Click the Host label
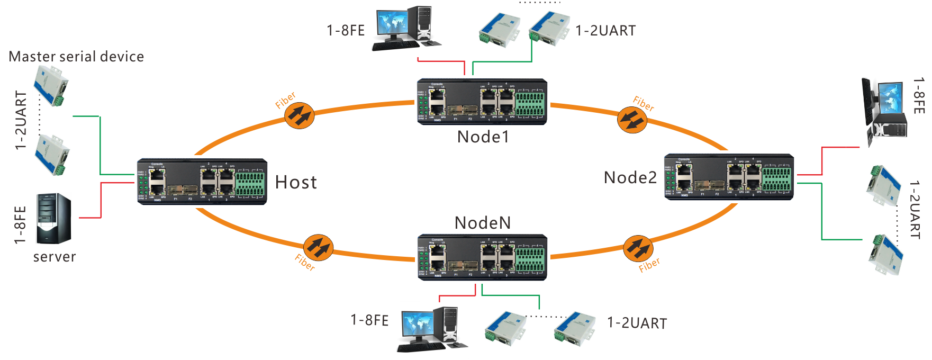[x=296, y=183]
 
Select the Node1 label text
[x=483, y=137]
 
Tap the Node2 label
[x=630, y=178]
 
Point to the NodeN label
[x=483, y=223]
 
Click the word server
[x=55, y=257]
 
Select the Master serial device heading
[x=76, y=57]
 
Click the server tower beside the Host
[x=53, y=218]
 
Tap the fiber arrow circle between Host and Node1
[x=300, y=115]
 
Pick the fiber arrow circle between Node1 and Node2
[x=632, y=120]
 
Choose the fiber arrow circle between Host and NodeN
[x=318, y=247]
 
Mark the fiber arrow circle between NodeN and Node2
[x=638, y=248]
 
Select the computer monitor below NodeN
[x=418, y=323]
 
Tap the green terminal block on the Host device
[x=250, y=183]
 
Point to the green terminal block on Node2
[x=776, y=179]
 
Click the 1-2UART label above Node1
[x=605, y=31]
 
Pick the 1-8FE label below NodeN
[x=369, y=320]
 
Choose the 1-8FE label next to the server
[x=20, y=225]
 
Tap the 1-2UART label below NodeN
[x=637, y=323]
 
